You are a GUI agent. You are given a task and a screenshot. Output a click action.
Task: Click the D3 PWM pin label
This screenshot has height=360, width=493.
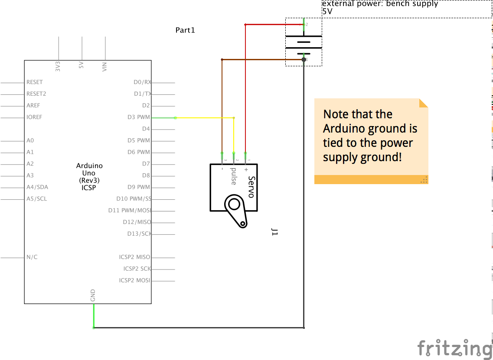click(139, 117)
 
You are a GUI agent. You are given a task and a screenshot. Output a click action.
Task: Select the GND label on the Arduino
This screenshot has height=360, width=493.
click(93, 295)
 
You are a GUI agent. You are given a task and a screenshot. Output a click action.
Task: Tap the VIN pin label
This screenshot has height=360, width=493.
click(104, 67)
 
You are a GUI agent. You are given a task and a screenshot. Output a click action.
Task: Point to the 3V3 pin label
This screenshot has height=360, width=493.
click(58, 66)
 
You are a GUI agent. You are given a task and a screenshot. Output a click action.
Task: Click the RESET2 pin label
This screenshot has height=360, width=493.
click(36, 94)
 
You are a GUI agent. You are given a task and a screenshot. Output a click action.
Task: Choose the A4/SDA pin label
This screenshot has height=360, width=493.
click(37, 187)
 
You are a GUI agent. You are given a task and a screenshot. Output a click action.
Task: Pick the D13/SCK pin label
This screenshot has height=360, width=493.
click(139, 234)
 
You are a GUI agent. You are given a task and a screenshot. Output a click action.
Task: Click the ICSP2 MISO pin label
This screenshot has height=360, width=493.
click(134, 257)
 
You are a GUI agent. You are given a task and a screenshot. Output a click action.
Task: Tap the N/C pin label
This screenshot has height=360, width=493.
click(32, 257)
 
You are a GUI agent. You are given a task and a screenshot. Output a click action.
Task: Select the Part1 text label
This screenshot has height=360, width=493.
click(185, 30)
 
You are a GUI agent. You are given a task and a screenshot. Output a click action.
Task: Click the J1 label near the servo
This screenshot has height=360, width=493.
click(274, 232)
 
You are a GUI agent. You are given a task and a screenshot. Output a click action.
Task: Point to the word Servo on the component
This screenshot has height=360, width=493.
click(251, 187)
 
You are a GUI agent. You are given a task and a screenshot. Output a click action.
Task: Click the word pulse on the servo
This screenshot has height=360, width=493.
click(234, 176)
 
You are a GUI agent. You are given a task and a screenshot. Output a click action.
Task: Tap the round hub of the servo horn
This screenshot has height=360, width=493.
click(234, 204)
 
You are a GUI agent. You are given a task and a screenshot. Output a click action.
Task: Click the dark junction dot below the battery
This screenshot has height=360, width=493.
click(304, 60)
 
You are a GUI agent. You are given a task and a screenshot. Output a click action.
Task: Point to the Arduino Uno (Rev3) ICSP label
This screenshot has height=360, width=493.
click(89, 177)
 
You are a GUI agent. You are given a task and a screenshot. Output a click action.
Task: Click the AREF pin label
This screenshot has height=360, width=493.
click(33, 106)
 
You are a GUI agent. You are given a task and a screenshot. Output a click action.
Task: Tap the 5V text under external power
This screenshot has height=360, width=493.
click(327, 12)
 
